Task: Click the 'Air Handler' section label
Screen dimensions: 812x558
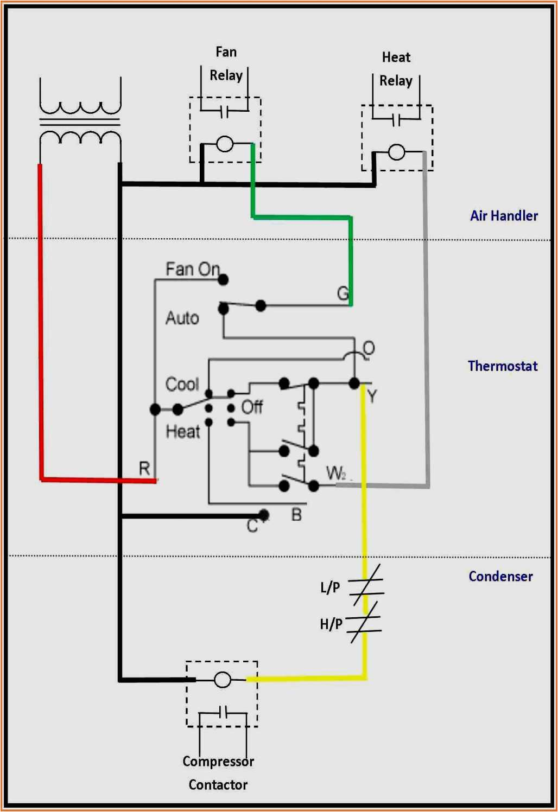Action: point(504,216)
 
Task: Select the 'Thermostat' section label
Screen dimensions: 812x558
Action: point(503,366)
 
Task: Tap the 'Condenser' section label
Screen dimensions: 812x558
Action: point(500,576)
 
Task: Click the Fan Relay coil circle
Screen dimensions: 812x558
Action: point(225,144)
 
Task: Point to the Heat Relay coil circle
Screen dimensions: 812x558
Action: point(397,152)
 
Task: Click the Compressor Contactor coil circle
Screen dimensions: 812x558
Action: point(223,680)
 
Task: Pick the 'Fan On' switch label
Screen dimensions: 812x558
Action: point(192,269)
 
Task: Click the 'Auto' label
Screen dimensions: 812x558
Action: point(182,318)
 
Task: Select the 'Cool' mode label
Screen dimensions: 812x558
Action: point(182,384)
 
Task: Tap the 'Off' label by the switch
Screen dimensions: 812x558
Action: point(252,407)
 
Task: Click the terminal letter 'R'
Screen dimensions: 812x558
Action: point(144,468)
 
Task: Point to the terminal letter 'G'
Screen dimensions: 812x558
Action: point(343,293)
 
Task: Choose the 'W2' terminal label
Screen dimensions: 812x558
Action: point(336,473)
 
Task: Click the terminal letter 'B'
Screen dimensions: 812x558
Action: point(296,514)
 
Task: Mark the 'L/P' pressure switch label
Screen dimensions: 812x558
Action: point(330,587)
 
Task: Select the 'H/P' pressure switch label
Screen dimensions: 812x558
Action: point(331,624)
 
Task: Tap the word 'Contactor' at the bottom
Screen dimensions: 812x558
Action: point(218,784)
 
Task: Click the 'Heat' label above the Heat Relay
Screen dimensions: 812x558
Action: point(396,57)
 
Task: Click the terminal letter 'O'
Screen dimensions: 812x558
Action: point(369,348)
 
